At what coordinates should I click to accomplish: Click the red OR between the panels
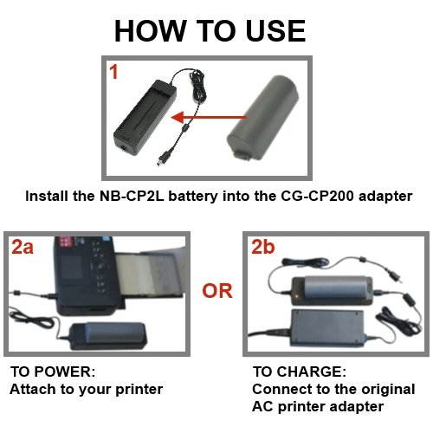pyautogui.click(x=216, y=291)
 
